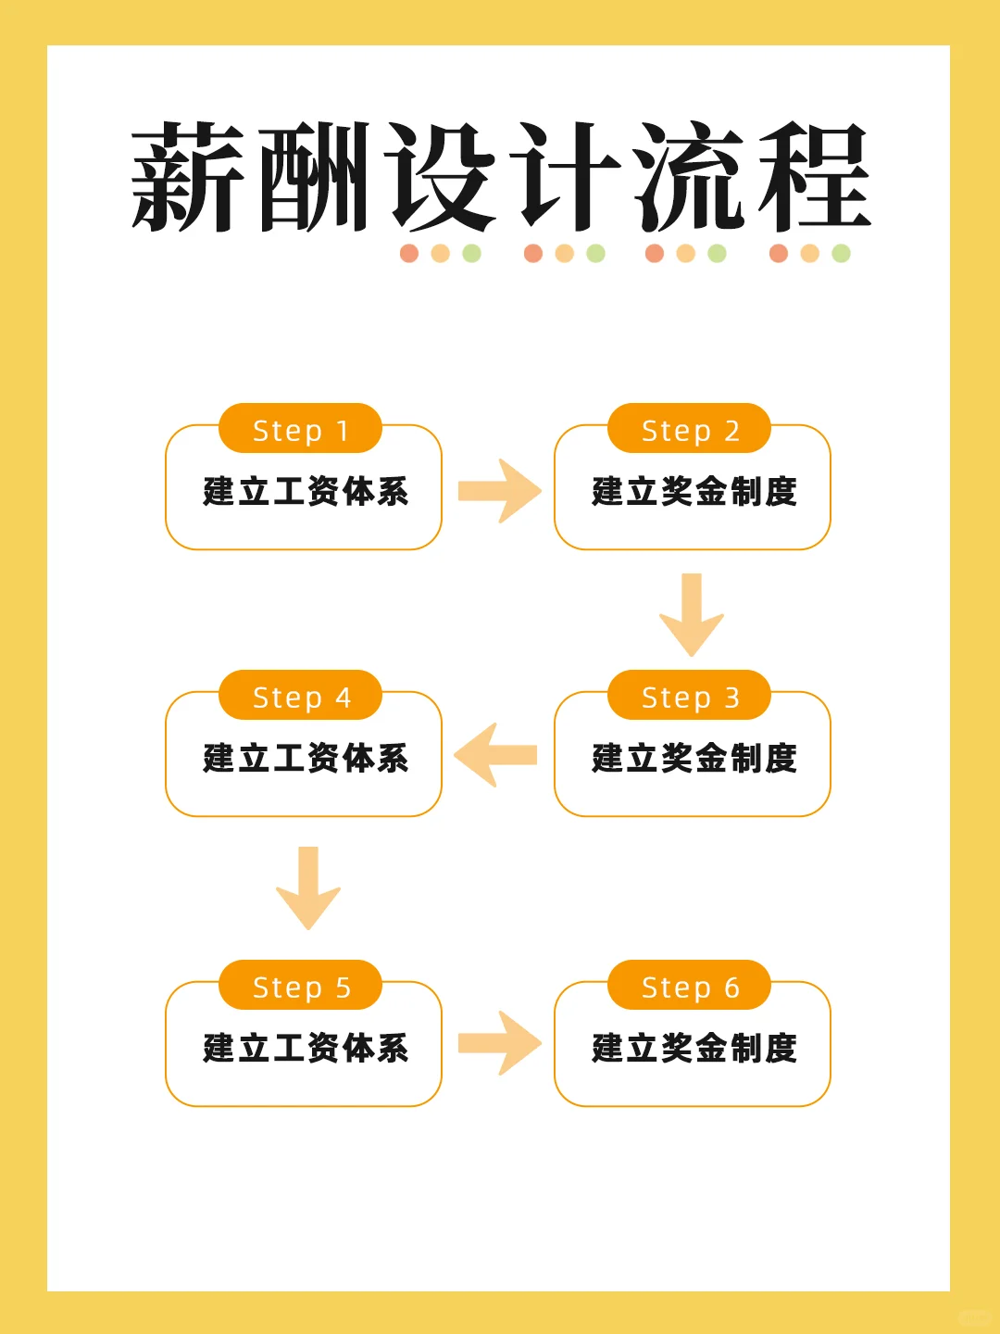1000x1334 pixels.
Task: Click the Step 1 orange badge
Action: tap(300, 429)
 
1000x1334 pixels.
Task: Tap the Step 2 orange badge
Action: tap(689, 429)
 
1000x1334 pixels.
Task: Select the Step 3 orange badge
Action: tap(689, 696)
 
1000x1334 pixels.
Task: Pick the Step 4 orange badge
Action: tap(300, 696)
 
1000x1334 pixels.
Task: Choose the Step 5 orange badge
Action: tap(300, 986)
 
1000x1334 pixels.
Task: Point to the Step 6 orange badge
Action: tap(689, 986)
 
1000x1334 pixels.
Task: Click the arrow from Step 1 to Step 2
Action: tap(499, 491)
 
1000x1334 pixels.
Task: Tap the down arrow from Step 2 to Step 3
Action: tap(692, 614)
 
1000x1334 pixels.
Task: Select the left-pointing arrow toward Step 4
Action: tap(496, 755)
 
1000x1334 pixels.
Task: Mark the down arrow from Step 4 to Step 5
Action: tap(308, 887)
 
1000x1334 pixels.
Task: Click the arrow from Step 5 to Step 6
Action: tap(499, 1043)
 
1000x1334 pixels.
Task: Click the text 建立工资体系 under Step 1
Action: tap(306, 492)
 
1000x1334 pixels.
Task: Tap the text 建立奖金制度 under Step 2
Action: tap(694, 492)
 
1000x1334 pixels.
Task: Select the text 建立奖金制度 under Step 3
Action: tap(694, 759)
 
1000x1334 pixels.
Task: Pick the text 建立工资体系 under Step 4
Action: tap(306, 759)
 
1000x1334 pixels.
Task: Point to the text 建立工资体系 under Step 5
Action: tap(306, 1049)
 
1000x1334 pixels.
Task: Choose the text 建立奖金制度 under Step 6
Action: tap(694, 1049)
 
